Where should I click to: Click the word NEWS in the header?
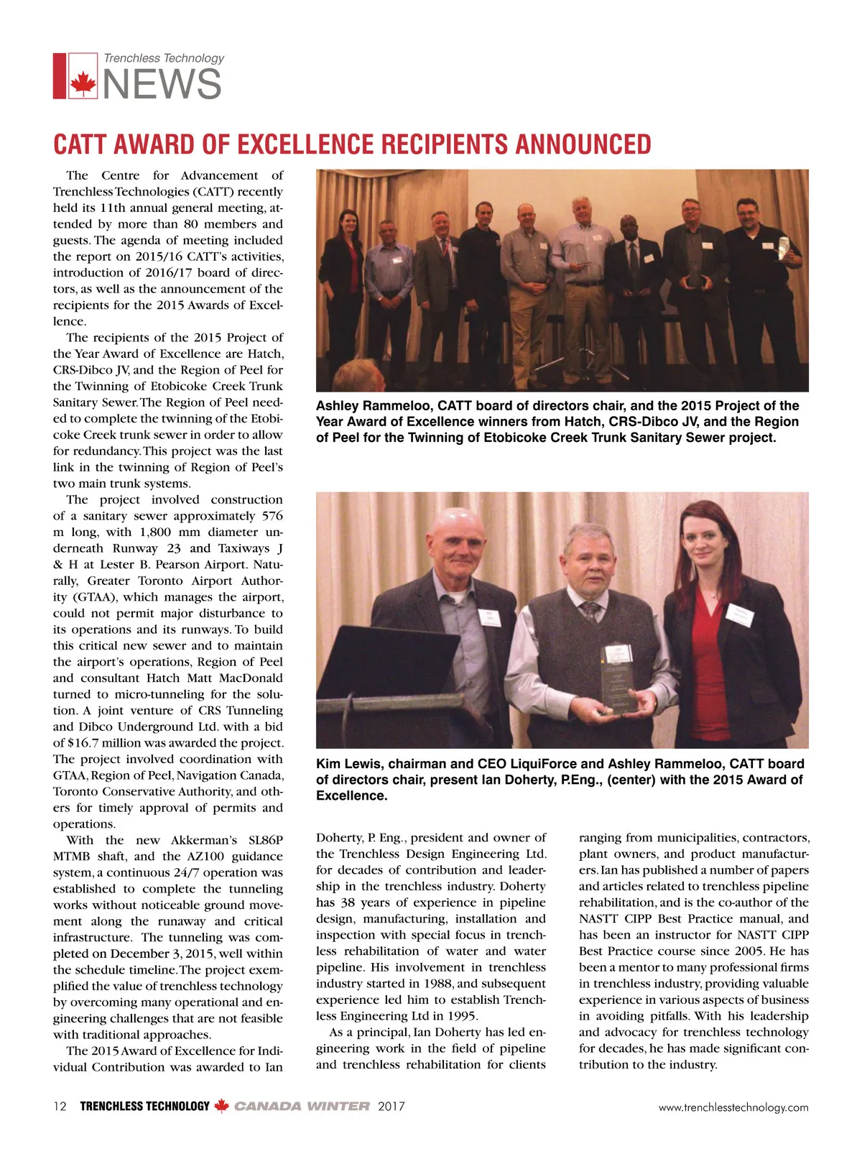click(162, 85)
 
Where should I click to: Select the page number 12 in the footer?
click(60, 1107)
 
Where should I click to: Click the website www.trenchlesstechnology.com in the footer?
click(733, 1107)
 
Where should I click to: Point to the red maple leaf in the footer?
click(222, 1106)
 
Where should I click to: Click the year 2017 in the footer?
click(391, 1107)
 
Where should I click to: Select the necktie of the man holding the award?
click(590, 611)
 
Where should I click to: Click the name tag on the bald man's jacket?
click(490, 618)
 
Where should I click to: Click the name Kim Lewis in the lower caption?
click(348, 764)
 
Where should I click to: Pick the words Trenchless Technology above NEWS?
click(164, 58)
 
